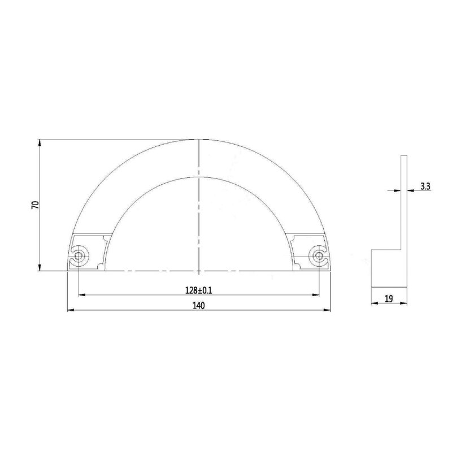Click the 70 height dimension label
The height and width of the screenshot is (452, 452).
36,205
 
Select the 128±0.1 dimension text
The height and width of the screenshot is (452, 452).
199,290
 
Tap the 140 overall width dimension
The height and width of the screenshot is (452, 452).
199,306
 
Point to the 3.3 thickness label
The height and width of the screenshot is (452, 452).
425,186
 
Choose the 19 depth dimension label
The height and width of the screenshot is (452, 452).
389,299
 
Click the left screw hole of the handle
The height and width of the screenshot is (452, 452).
79,256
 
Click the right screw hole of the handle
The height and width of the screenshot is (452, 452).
319,256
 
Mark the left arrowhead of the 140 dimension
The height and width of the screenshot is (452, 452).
71,310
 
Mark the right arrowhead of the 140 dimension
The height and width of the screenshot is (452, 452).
327,310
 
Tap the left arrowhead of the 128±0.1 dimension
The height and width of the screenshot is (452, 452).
82,295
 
